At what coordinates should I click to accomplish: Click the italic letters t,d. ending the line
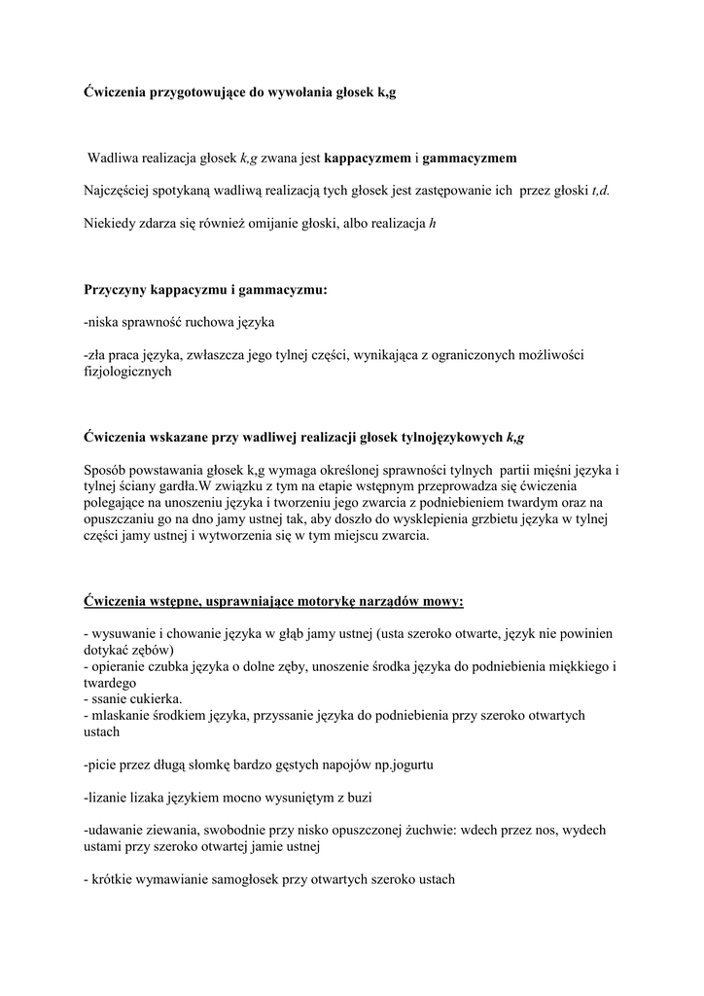(x=600, y=191)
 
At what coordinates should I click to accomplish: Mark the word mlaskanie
(x=126, y=716)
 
